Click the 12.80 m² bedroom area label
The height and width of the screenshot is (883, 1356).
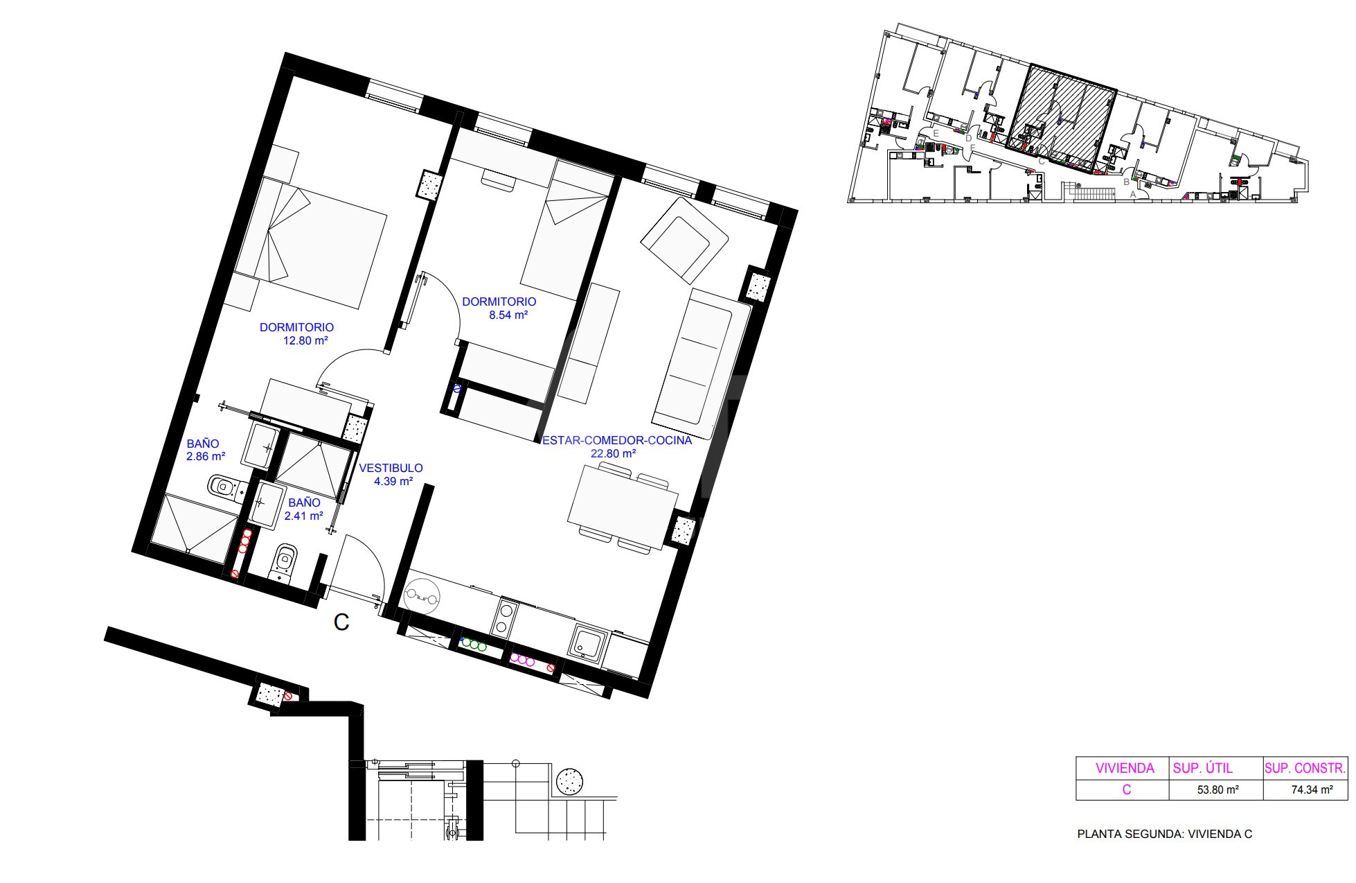305,341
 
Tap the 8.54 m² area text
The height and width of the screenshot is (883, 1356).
508,315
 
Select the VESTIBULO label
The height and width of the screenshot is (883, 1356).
391,468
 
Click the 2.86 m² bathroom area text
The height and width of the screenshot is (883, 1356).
206,457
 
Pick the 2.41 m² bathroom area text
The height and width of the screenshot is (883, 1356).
304,516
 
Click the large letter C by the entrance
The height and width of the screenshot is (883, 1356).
341,622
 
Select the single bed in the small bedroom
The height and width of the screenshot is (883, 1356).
567,232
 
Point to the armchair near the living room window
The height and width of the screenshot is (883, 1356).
684,240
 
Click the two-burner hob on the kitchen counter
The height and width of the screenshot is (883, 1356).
504,620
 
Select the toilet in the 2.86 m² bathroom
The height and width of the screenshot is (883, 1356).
223,487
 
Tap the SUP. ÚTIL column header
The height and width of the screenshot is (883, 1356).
1202,768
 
